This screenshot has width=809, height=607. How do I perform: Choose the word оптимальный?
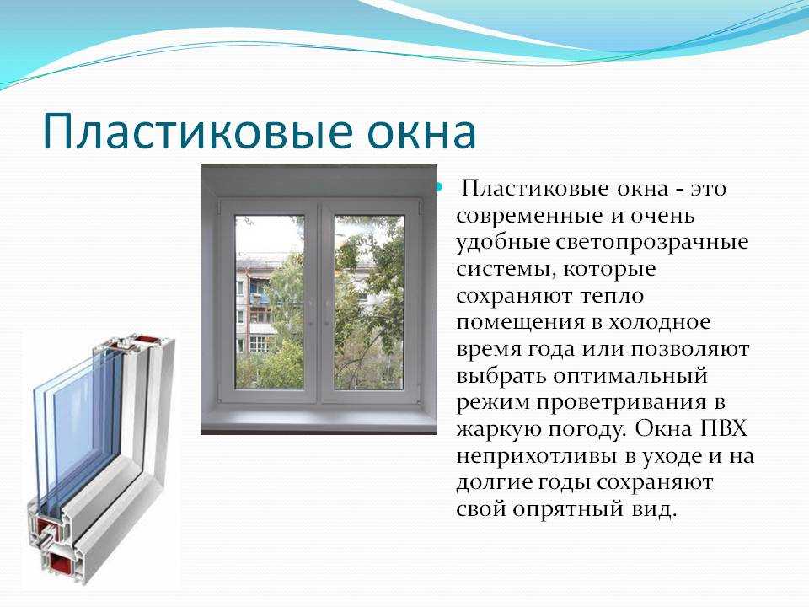click(x=630, y=376)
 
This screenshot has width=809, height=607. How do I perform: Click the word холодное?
click(x=660, y=323)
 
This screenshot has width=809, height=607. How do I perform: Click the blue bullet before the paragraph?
click(x=440, y=186)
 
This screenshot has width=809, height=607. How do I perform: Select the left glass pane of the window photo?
click(x=270, y=302)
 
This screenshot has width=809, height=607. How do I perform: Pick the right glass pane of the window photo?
click(x=368, y=302)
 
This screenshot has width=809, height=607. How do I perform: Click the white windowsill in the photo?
click(x=319, y=419)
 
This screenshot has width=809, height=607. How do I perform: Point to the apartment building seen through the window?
click(x=258, y=304)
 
